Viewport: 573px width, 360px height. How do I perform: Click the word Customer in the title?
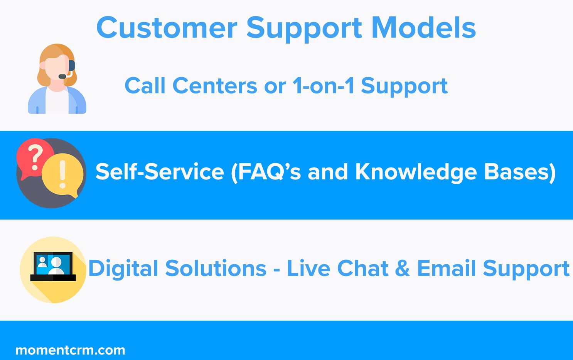pos(167,27)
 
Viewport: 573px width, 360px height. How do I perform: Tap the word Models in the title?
pos(424,27)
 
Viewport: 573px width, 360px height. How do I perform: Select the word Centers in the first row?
pos(215,86)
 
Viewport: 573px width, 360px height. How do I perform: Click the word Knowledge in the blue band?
pos(416,172)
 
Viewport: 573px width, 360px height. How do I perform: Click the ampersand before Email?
pos(403,269)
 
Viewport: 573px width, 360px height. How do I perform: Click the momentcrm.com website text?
pos(70,350)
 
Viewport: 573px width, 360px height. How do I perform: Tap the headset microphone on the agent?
pos(62,76)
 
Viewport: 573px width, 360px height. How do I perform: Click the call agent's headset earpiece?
pos(72,65)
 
